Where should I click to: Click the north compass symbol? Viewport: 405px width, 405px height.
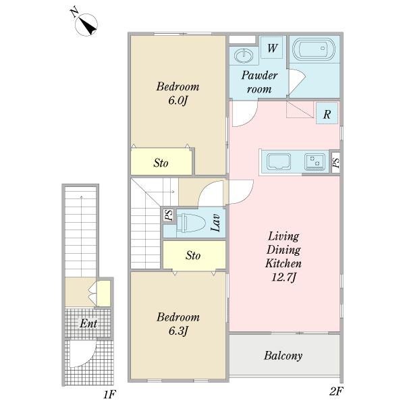click(x=86, y=24)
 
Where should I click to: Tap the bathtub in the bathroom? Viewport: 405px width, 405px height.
click(x=314, y=49)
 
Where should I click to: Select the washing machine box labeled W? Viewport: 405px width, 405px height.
click(x=271, y=47)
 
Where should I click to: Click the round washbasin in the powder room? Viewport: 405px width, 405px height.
click(x=244, y=55)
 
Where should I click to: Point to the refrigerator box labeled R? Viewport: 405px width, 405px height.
click(x=327, y=113)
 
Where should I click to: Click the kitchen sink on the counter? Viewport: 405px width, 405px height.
click(x=279, y=161)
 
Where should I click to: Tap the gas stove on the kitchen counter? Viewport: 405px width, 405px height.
click(x=315, y=162)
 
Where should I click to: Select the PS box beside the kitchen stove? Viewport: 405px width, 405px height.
click(x=335, y=163)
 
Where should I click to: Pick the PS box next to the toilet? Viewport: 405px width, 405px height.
click(x=169, y=215)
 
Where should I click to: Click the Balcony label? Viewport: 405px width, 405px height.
click(x=283, y=356)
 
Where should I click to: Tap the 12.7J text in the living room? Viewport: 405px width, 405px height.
click(x=283, y=277)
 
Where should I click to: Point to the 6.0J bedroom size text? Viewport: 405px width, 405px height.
click(x=178, y=100)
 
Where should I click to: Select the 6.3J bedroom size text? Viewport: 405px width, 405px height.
click(x=178, y=331)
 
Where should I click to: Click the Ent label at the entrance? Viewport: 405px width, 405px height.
click(x=88, y=323)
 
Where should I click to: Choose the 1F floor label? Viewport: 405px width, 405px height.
click(x=110, y=394)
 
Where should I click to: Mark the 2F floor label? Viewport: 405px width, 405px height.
click(x=336, y=391)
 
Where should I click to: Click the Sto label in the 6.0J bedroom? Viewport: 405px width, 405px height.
click(x=161, y=163)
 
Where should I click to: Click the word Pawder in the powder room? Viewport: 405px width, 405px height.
click(x=259, y=75)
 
